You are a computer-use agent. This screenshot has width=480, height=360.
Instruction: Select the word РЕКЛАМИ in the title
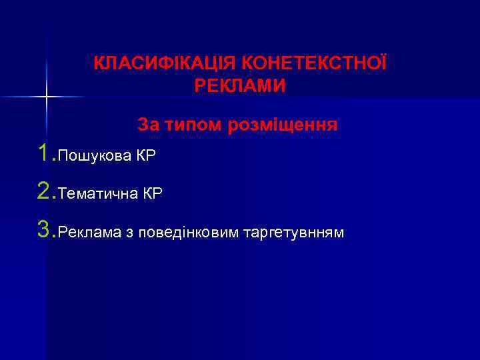240,86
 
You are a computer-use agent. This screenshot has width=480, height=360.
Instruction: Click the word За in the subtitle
148,124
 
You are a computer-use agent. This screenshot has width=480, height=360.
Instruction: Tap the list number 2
45,193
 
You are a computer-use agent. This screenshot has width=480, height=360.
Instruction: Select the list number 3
45,231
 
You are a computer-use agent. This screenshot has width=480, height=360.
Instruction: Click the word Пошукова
95,157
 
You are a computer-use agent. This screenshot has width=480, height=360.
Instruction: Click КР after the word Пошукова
146,157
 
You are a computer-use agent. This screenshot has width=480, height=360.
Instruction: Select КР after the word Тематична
153,195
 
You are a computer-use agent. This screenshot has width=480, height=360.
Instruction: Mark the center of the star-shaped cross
47,97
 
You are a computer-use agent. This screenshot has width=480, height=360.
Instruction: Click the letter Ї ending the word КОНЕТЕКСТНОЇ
382,64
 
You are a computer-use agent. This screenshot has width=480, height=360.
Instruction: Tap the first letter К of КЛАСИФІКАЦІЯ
99,65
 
